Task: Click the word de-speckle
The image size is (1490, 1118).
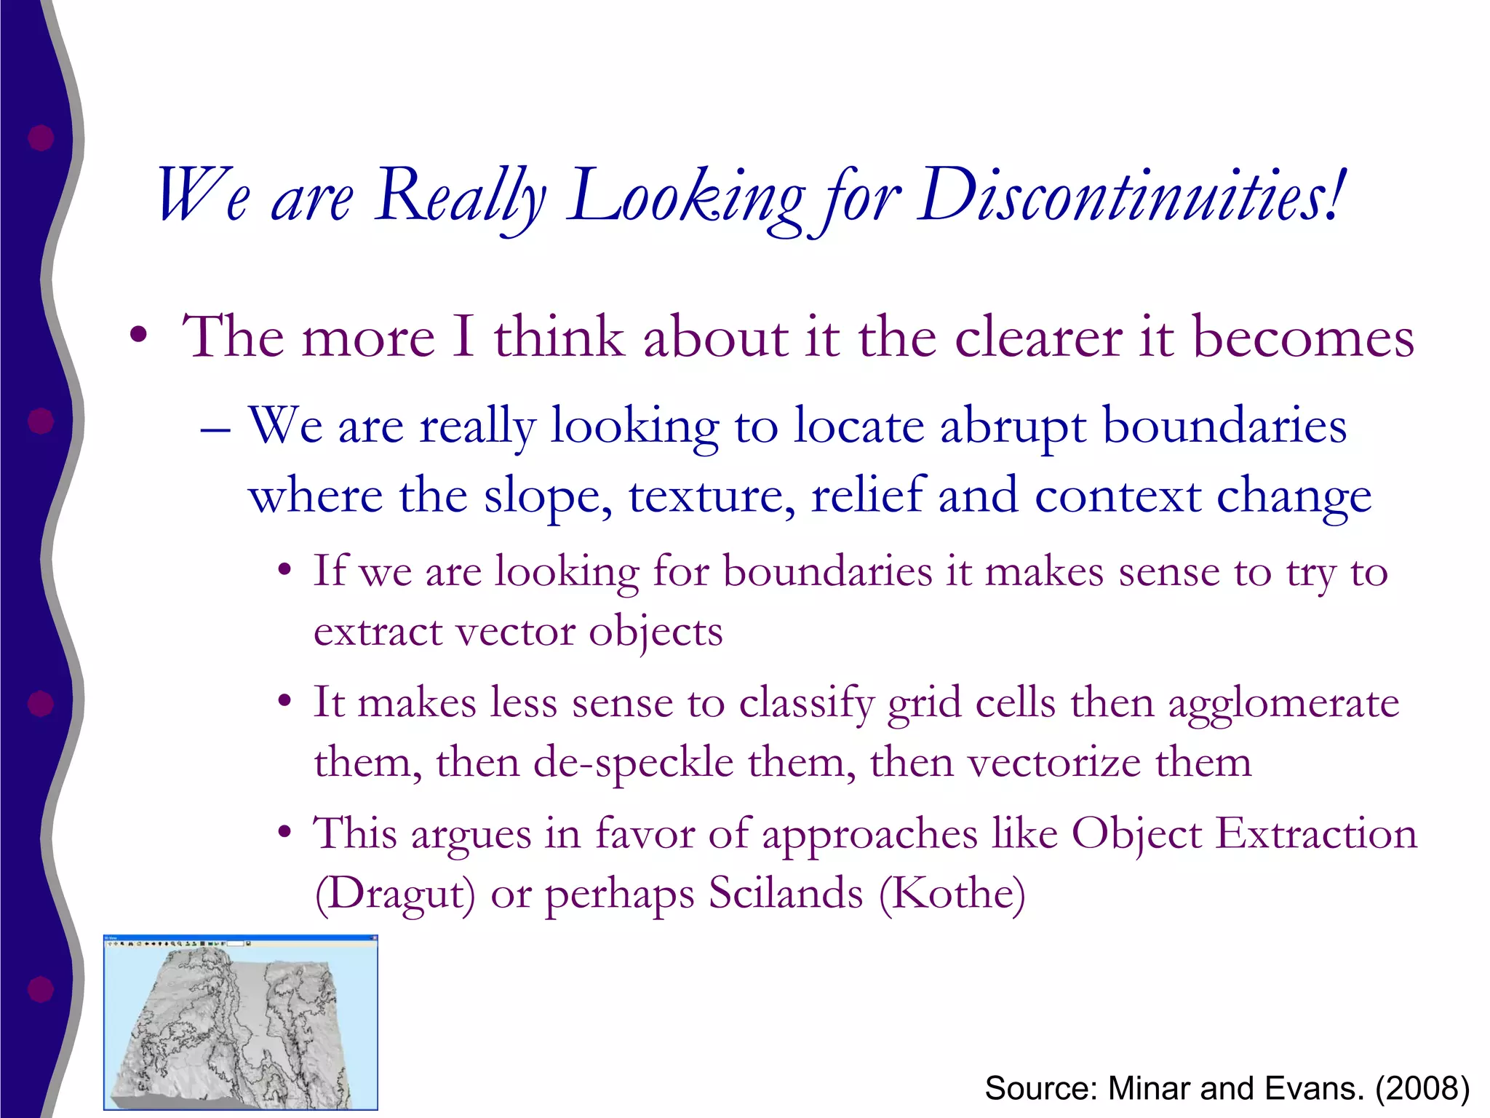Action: point(634,764)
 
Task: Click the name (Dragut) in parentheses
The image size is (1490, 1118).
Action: point(395,895)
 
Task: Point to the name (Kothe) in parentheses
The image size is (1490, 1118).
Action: point(952,895)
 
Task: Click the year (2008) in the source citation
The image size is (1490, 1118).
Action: point(1422,1089)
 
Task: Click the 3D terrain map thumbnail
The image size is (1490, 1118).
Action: point(241,1023)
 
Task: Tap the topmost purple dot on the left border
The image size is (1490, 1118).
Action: point(41,138)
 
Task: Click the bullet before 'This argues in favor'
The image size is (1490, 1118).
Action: point(285,832)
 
